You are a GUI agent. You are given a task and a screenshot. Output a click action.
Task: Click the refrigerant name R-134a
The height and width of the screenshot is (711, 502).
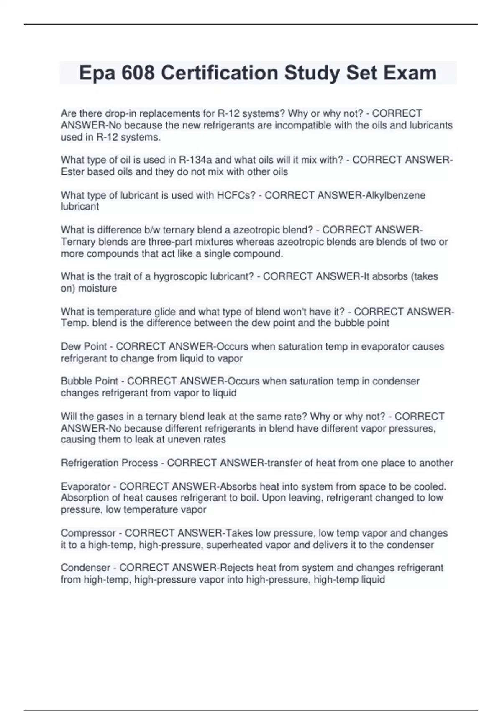point(195,160)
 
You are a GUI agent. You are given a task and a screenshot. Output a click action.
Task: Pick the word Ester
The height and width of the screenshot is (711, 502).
point(73,172)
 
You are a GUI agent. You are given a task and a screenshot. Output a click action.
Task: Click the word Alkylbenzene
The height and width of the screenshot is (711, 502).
point(393,195)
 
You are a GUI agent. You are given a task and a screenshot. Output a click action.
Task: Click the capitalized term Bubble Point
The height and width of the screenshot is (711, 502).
point(90,381)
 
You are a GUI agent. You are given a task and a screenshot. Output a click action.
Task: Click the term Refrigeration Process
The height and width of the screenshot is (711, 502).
point(109,463)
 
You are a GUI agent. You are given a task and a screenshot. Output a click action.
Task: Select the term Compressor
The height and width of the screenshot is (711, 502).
point(88,533)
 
